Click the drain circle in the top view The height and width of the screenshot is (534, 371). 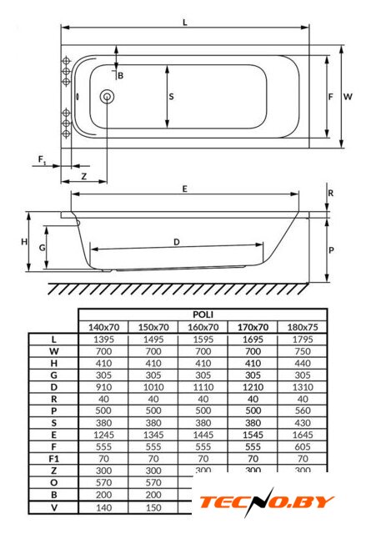[107, 97]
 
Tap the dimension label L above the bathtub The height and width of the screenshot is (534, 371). [185, 23]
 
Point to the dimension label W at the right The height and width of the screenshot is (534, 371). [348, 97]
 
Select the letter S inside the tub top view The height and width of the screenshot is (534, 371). [171, 97]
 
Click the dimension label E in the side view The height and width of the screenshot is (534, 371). [185, 189]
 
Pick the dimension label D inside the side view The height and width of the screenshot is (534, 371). [176, 242]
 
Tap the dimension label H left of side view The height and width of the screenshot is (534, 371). [24, 242]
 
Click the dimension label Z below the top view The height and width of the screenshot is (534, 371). [83, 176]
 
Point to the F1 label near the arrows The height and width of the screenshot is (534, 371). [42, 159]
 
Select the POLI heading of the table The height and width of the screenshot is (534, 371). [203, 315]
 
